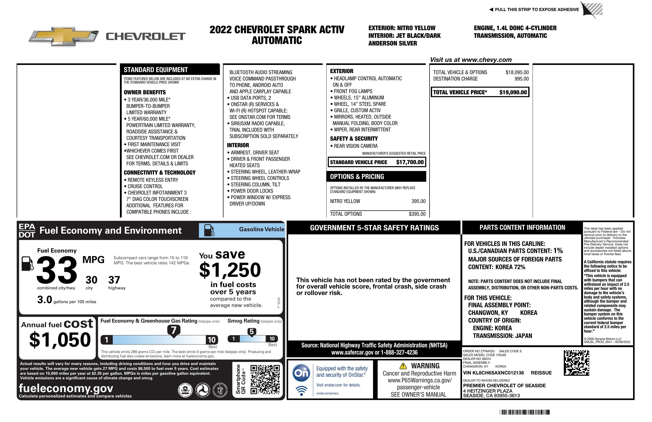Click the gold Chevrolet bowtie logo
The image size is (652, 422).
[64, 36]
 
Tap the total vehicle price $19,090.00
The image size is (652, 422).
[513, 92]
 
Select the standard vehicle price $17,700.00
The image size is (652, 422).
[410, 162]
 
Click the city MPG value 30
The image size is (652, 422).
[91, 280]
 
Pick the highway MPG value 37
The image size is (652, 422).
[114, 280]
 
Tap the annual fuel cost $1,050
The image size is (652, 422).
[60, 340]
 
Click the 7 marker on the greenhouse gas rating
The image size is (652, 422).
[174, 330]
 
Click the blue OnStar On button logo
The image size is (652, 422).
[301, 373]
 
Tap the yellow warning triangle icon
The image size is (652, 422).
[403, 366]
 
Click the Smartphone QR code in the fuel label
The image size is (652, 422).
[265, 379]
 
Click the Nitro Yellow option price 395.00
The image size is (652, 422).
[418, 201]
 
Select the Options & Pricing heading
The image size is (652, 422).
[357, 177]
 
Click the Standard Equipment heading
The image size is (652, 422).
[156, 70]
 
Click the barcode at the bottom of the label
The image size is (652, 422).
[524, 412]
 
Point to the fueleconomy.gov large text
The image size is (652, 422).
[66, 388]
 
